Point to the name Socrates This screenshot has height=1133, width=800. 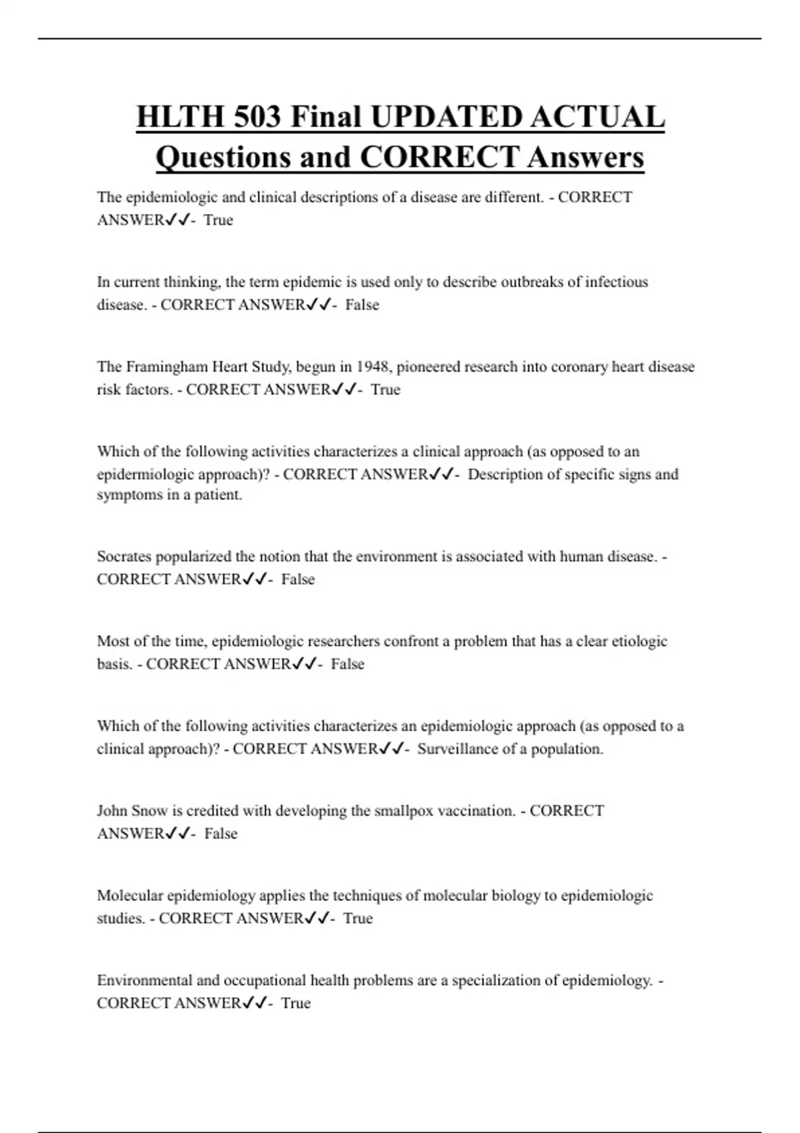coord(124,557)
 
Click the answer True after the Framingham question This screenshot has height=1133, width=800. coord(385,390)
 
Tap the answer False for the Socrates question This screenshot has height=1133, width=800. coord(297,580)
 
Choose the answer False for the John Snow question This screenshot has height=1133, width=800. coord(221,834)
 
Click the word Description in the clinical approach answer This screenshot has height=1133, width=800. coord(505,475)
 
